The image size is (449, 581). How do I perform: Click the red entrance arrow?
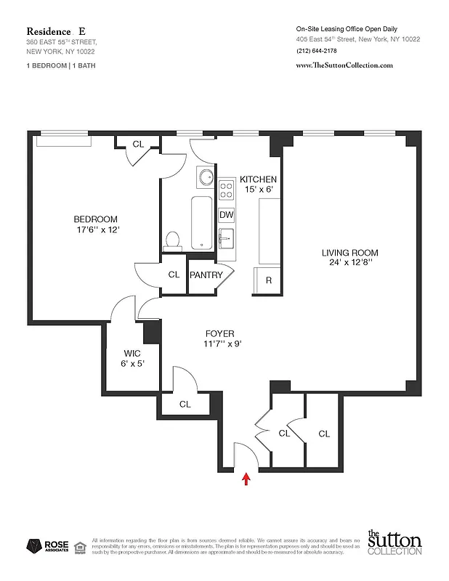click(246, 477)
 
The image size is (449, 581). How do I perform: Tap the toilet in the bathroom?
click(173, 240)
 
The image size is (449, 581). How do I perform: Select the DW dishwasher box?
click(226, 215)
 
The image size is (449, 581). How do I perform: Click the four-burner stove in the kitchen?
click(226, 190)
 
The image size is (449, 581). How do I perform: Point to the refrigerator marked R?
click(268, 280)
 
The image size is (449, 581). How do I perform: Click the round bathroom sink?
click(204, 177)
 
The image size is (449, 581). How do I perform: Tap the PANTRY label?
click(206, 275)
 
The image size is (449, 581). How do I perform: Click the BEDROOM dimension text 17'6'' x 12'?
click(95, 230)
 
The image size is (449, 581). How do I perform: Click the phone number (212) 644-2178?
click(317, 50)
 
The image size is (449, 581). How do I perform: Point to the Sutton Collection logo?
click(393, 543)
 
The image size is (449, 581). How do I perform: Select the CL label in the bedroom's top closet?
click(138, 144)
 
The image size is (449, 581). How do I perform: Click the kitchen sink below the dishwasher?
click(226, 237)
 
